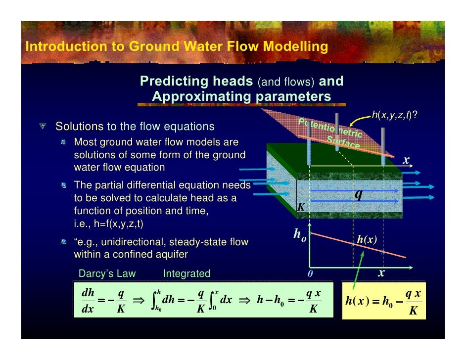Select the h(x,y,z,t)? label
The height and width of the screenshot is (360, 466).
394,116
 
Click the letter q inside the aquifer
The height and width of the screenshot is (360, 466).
358,194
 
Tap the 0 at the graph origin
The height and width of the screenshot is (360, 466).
310,273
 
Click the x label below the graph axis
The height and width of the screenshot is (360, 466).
382,273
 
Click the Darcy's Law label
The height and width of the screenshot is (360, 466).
107,273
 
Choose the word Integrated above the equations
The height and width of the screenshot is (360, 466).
186,273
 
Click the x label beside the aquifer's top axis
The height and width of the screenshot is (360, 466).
406,160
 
